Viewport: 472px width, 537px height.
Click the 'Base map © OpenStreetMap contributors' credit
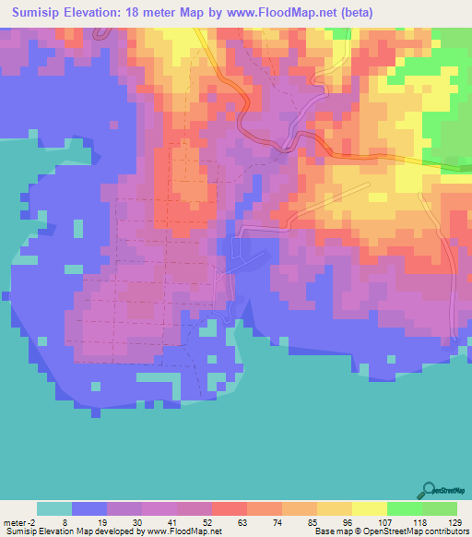pyautogui.click(x=391, y=531)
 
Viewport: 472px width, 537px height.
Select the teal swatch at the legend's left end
pyautogui.click(x=54, y=508)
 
